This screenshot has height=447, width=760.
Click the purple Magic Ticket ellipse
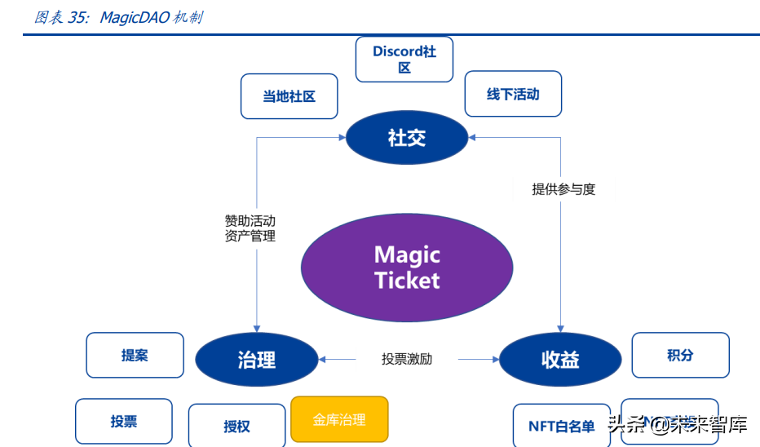click(407, 268)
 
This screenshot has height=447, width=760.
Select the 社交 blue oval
click(407, 138)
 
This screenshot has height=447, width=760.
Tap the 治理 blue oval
click(257, 359)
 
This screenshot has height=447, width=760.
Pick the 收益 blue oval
click(560, 359)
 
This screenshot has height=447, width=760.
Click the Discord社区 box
click(404, 60)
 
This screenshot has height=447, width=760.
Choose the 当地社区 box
click(289, 96)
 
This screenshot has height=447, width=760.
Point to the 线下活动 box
click(513, 94)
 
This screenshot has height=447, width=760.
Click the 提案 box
click(135, 355)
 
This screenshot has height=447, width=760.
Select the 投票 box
click(124, 421)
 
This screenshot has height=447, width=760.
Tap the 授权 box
click(236, 425)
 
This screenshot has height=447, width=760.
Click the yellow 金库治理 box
click(339, 419)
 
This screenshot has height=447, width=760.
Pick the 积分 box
click(680, 355)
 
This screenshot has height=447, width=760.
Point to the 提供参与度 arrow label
click(563, 189)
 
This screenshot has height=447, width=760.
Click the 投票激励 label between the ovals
click(407, 359)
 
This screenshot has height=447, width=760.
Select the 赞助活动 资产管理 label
click(250, 228)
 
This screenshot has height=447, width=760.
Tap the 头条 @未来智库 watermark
click(676, 424)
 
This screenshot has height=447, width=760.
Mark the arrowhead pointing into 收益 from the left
click(494, 359)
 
